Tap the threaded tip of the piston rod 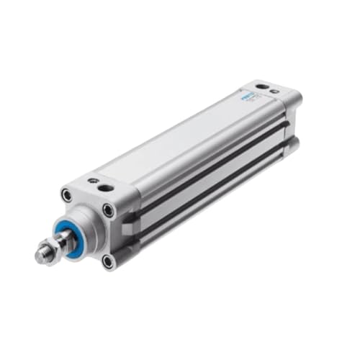coord(39,253)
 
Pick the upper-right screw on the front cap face coord(108,210)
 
